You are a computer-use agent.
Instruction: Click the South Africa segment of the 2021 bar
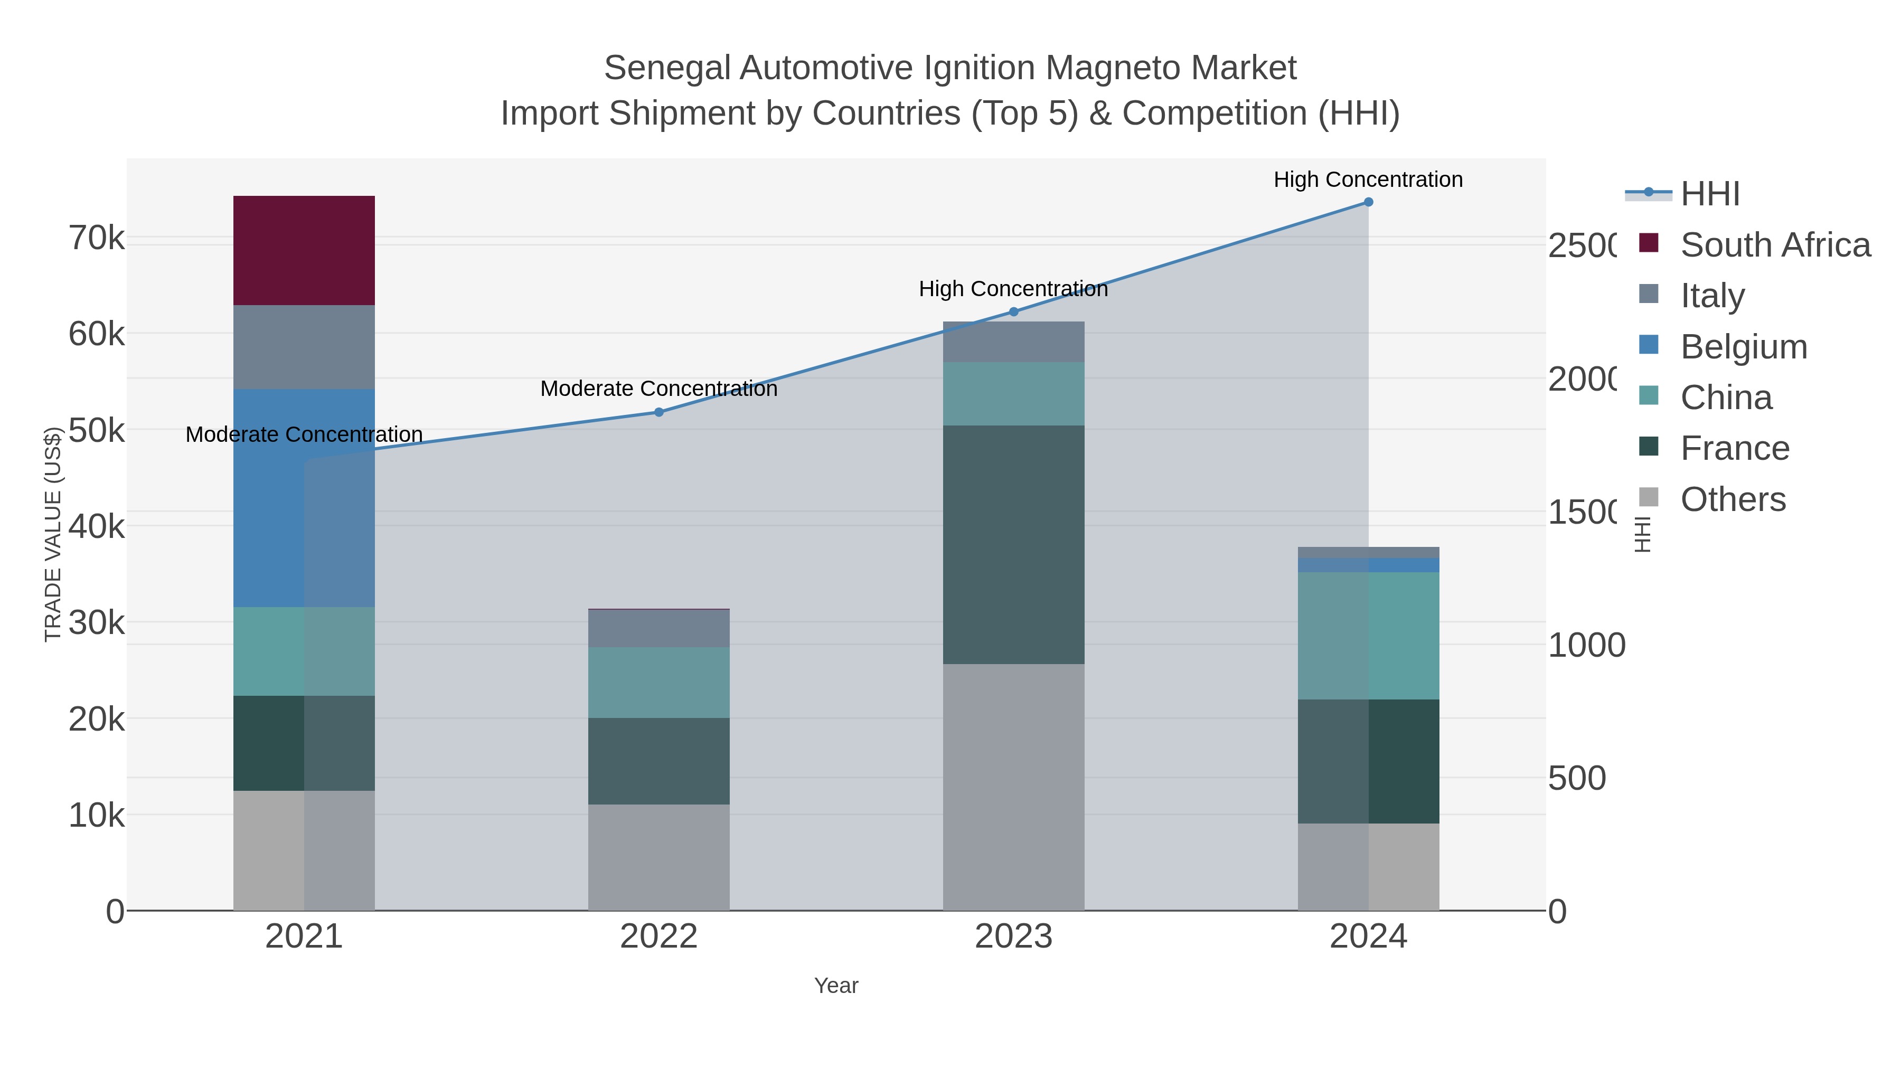point(304,250)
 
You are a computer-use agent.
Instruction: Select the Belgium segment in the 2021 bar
point(304,498)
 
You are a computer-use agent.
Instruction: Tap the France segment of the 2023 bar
point(1013,544)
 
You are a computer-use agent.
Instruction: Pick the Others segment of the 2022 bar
point(658,857)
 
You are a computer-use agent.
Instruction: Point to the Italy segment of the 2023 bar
point(1013,342)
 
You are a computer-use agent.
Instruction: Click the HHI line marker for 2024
point(1368,202)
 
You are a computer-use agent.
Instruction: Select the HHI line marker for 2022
point(659,412)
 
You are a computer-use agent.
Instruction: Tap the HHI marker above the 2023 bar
point(1013,312)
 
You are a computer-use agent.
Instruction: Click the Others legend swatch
point(1649,498)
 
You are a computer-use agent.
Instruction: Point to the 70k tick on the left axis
point(97,238)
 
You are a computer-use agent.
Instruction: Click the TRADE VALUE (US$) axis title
point(53,534)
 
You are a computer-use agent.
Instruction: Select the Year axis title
point(836,986)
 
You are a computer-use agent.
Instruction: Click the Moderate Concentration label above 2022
point(658,389)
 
